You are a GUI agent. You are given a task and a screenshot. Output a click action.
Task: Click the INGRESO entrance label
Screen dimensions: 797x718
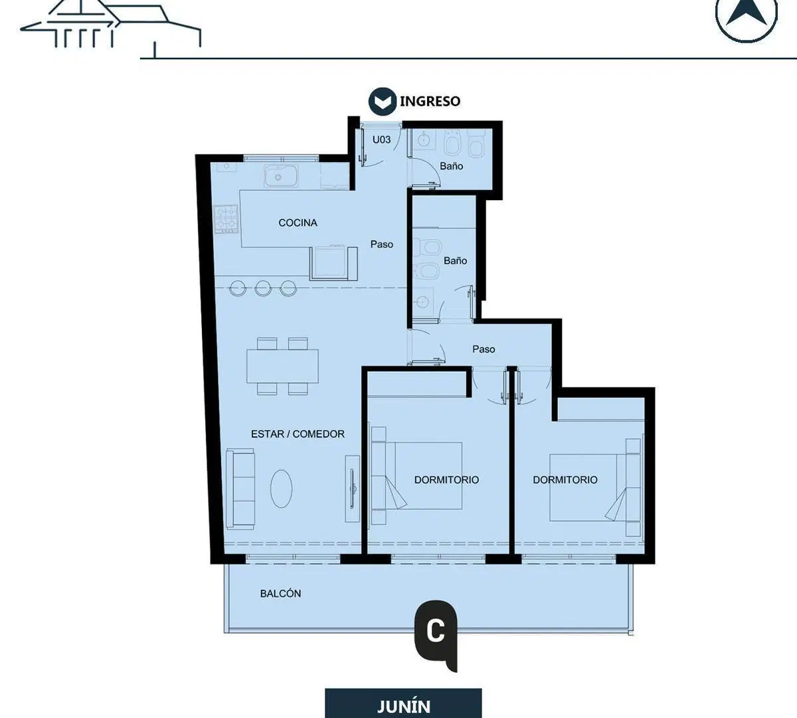[430, 101]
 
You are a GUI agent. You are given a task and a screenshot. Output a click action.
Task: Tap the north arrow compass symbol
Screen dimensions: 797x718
[746, 16]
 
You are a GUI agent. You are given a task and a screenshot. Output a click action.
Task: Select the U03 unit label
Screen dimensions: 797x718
[381, 140]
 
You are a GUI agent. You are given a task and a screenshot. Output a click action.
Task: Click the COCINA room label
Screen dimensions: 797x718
[298, 223]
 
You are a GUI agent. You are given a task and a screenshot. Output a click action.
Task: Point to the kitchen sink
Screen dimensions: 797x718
[280, 176]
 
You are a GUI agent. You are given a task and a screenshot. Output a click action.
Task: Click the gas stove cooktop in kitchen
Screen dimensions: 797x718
[226, 219]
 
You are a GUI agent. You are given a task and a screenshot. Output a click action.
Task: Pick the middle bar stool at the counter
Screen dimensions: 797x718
[263, 288]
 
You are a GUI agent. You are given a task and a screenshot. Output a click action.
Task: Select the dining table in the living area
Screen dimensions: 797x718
[282, 366]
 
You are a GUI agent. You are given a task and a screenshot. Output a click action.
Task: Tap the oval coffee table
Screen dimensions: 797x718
[282, 489]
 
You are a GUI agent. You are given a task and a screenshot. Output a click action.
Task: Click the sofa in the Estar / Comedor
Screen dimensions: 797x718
[240, 489]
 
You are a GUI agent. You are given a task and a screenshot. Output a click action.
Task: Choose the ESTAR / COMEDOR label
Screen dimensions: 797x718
[298, 434]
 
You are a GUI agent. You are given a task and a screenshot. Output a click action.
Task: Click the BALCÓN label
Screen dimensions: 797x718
[280, 594]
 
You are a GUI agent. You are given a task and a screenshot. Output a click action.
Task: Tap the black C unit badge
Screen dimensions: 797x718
[436, 634]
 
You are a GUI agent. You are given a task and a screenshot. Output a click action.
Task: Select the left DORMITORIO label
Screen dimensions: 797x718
[446, 480]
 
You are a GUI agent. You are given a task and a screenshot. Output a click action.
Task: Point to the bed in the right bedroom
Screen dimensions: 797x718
[595, 488]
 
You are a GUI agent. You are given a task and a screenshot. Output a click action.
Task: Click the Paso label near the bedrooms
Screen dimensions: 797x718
[484, 349]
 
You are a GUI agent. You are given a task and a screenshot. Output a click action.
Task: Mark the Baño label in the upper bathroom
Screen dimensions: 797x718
[452, 166]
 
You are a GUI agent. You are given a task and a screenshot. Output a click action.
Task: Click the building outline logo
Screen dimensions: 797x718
[111, 27]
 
